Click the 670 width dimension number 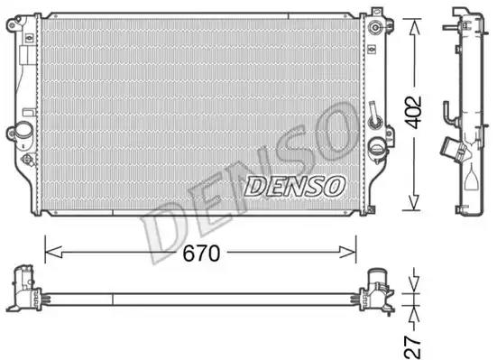tap(201, 253)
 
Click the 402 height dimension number tap(414, 112)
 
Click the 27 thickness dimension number tap(412, 347)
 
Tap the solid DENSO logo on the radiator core tap(294, 186)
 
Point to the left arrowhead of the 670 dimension tap(53, 253)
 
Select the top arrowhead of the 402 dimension tap(414, 26)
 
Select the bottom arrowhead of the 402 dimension tap(414, 202)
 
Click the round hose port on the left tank tap(23, 131)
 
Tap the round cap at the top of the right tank tap(375, 27)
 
